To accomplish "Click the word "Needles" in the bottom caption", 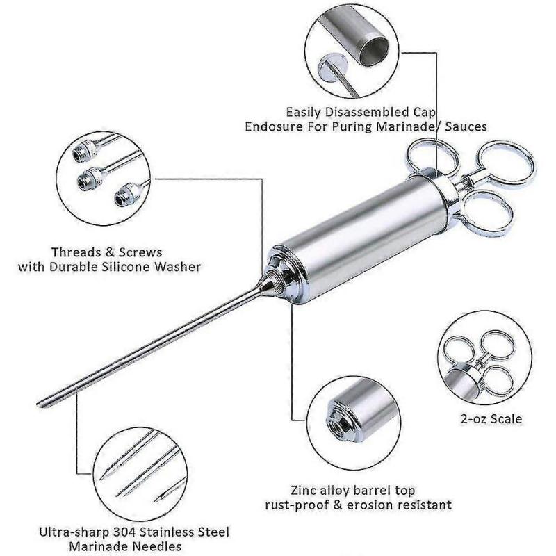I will pyautogui.click(x=159, y=547).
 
